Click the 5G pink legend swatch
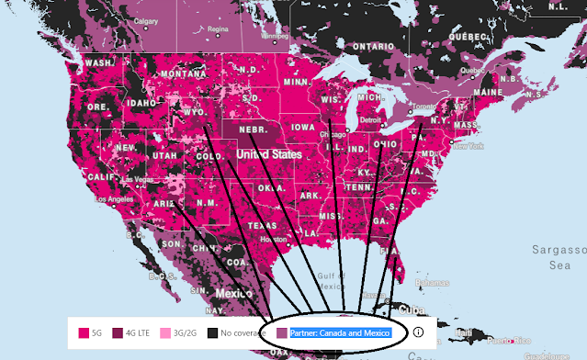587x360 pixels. coord(83,332)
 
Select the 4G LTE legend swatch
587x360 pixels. coord(117,332)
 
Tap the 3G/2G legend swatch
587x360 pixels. coord(165,332)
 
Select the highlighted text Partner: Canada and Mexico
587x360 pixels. coord(340,332)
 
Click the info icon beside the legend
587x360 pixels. coord(418,332)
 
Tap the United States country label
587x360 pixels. coord(269,155)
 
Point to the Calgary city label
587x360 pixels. coord(145,19)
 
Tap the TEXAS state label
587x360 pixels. coord(262,225)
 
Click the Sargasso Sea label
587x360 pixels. coord(559,256)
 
